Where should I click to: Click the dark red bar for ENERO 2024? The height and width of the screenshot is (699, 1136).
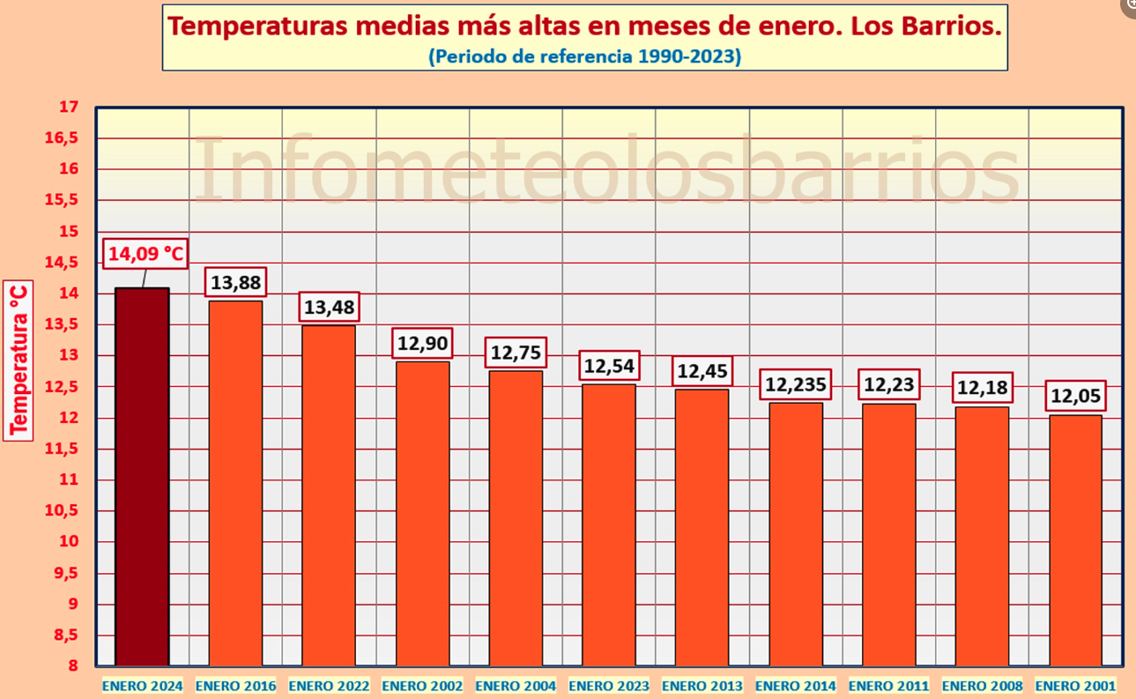click(143, 476)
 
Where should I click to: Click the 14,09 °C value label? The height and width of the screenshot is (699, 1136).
click(146, 256)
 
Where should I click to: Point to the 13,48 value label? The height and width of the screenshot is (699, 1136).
click(329, 309)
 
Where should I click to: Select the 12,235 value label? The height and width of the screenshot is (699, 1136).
click(796, 385)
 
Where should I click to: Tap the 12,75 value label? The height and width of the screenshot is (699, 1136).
click(516, 353)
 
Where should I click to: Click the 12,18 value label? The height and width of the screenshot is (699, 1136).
click(983, 389)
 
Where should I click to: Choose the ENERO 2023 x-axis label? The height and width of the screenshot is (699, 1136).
click(609, 686)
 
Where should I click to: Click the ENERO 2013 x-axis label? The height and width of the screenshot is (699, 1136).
click(702, 686)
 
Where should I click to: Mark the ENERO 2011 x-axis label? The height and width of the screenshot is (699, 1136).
click(889, 686)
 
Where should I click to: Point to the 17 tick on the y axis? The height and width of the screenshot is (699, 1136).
click(68, 108)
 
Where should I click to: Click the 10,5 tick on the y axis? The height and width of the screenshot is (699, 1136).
click(63, 511)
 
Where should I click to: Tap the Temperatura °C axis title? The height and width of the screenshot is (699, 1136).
click(19, 360)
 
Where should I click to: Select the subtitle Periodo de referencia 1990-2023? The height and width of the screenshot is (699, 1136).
click(584, 56)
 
